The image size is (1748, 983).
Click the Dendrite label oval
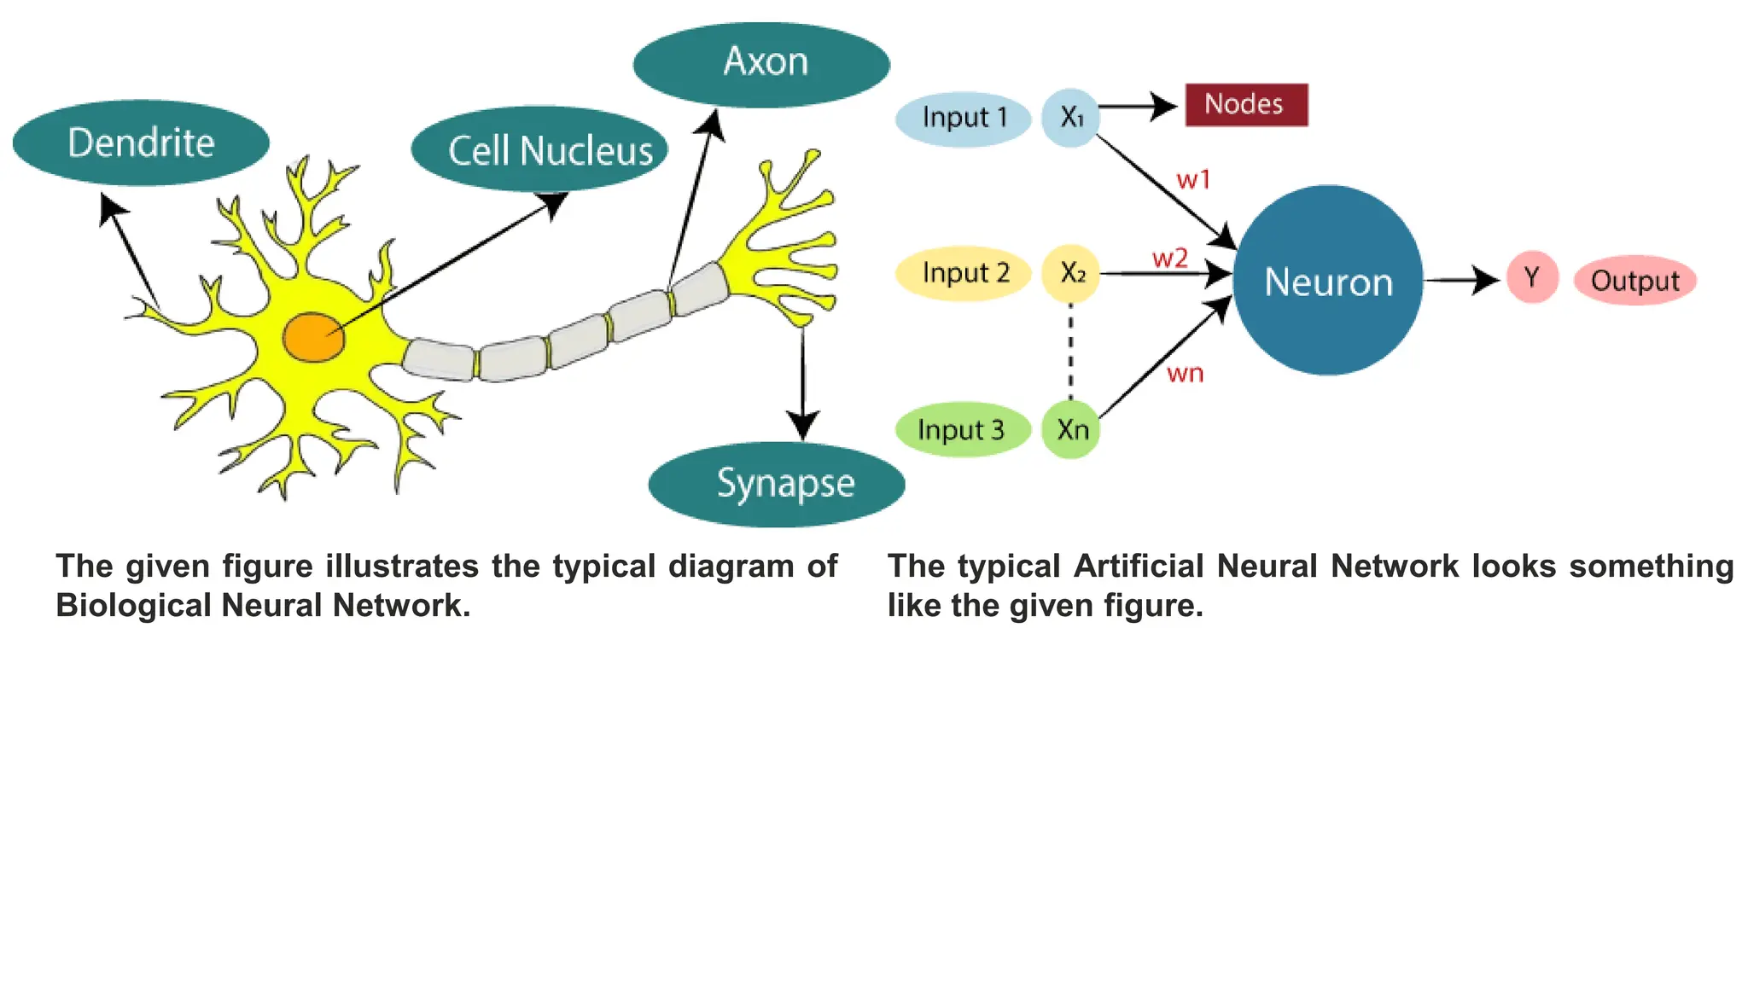pyautogui.click(x=141, y=143)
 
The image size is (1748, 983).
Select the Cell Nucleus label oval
pyautogui.click(x=539, y=150)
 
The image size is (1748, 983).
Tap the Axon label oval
pyautogui.click(x=762, y=64)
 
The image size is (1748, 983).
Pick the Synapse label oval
pyautogui.click(x=777, y=484)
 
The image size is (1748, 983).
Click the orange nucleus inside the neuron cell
pyautogui.click(x=313, y=337)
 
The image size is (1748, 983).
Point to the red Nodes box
pyautogui.click(x=1246, y=105)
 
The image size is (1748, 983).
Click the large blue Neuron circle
pyautogui.click(x=1327, y=281)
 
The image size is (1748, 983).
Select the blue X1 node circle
pyautogui.click(x=1070, y=118)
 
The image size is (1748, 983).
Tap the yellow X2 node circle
pyautogui.click(x=1070, y=274)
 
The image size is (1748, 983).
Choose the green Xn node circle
pyautogui.click(x=1071, y=429)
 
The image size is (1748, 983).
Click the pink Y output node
pyautogui.click(x=1532, y=277)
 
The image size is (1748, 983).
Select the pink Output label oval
pyautogui.click(x=1634, y=281)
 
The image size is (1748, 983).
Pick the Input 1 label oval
pyautogui.click(x=964, y=119)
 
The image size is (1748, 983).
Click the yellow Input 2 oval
pyautogui.click(x=964, y=274)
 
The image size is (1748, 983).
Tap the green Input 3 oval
pyautogui.click(x=962, y=429)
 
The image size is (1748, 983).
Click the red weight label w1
pyautogui.click(x=1193, y=180)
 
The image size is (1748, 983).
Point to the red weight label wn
pyautogui.click(x=1185, y=374)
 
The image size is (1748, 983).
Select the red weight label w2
pyautogui.click(x=1169, y=258)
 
